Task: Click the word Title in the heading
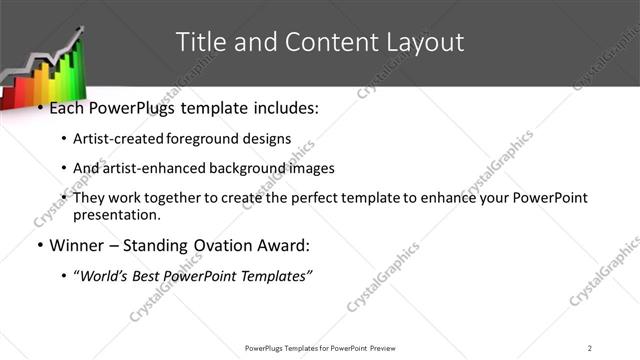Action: (x=198, y=42)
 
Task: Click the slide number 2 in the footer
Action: (x=590, y=347)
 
